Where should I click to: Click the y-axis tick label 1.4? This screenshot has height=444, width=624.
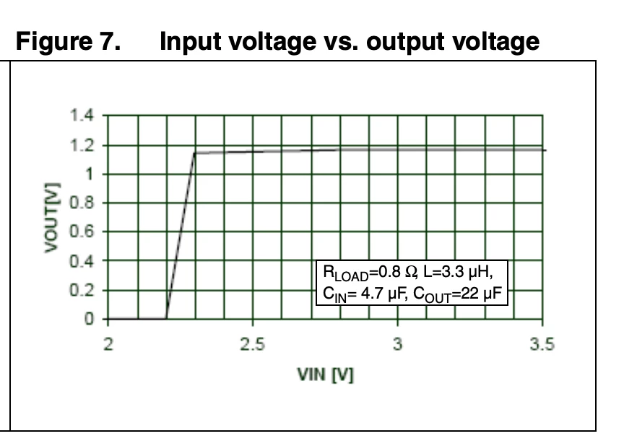tap(82, 116)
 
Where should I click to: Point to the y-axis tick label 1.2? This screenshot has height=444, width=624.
tap(82, 145)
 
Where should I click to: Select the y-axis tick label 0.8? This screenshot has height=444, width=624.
tap(82, 203)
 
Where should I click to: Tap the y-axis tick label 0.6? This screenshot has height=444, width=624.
tap(82, 231)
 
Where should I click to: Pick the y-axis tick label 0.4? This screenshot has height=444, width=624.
tap(82, 261)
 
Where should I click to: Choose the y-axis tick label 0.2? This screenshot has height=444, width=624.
tap(82, 290)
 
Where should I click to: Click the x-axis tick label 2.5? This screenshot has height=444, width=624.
tap(252, 343)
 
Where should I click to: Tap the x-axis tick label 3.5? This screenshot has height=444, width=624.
tap(542, 343)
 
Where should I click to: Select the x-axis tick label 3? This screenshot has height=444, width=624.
tap(397, 343)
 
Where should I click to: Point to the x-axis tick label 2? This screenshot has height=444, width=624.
tap(108, 343)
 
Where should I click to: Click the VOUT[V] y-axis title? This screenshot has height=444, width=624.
tap(52, 218)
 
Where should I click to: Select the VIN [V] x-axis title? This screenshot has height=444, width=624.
tap(325, 375)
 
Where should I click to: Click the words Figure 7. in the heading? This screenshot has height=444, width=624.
tap(68, 41)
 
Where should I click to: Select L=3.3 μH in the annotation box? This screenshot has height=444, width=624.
tap(458, 272)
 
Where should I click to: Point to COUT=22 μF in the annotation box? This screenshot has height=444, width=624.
tap(457, 294)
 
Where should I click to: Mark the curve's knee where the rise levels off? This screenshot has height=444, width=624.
tap(194, 153)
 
